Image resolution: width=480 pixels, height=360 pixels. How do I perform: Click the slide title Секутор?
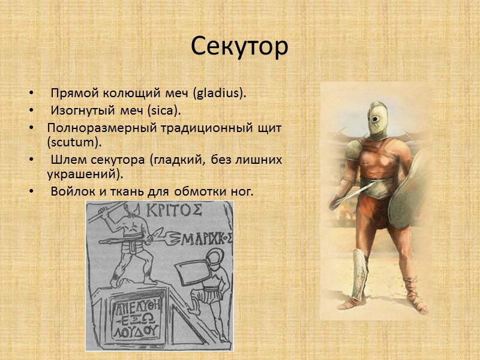[240, 46]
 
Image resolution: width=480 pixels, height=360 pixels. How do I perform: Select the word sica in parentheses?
[167, 111]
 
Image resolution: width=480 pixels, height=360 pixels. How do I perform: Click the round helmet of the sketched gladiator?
[211, 262]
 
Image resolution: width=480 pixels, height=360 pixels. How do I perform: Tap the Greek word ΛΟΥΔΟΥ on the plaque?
[141, 331]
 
